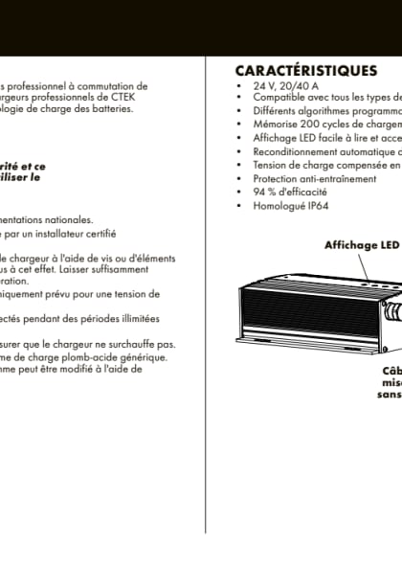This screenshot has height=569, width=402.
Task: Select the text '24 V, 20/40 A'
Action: pyautogui.click(x=276, y=86)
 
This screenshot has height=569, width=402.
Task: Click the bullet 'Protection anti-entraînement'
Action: pyautogui.click(x=302, y=178)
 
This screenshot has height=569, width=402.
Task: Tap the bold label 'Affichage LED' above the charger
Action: pyautogui.click(x=360, y=245)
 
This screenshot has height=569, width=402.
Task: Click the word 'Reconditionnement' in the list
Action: pyautogui.click(x=293, y=151)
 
